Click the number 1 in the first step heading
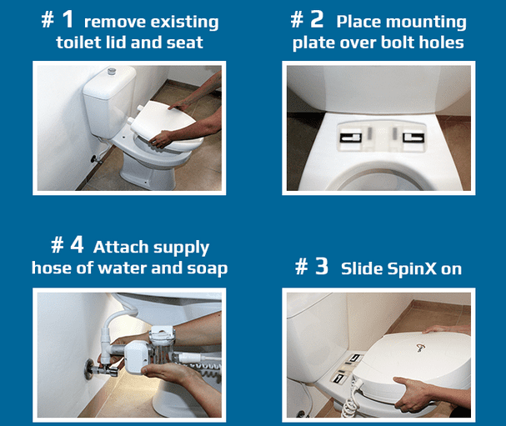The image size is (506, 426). (x=68, y=19)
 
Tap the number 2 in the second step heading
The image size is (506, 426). (x=317, y=19)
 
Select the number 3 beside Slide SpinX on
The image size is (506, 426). (x=322, y=267)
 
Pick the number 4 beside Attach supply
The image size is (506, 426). (x=78, y=244)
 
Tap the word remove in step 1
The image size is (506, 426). (x=114, y=23)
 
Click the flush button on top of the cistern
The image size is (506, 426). (x=112, y=71)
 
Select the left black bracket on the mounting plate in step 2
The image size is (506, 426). (x=350, y=138)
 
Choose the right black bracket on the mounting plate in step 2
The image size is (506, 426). (x=413, y=138)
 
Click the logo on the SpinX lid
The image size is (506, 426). (x=420, y=348)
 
